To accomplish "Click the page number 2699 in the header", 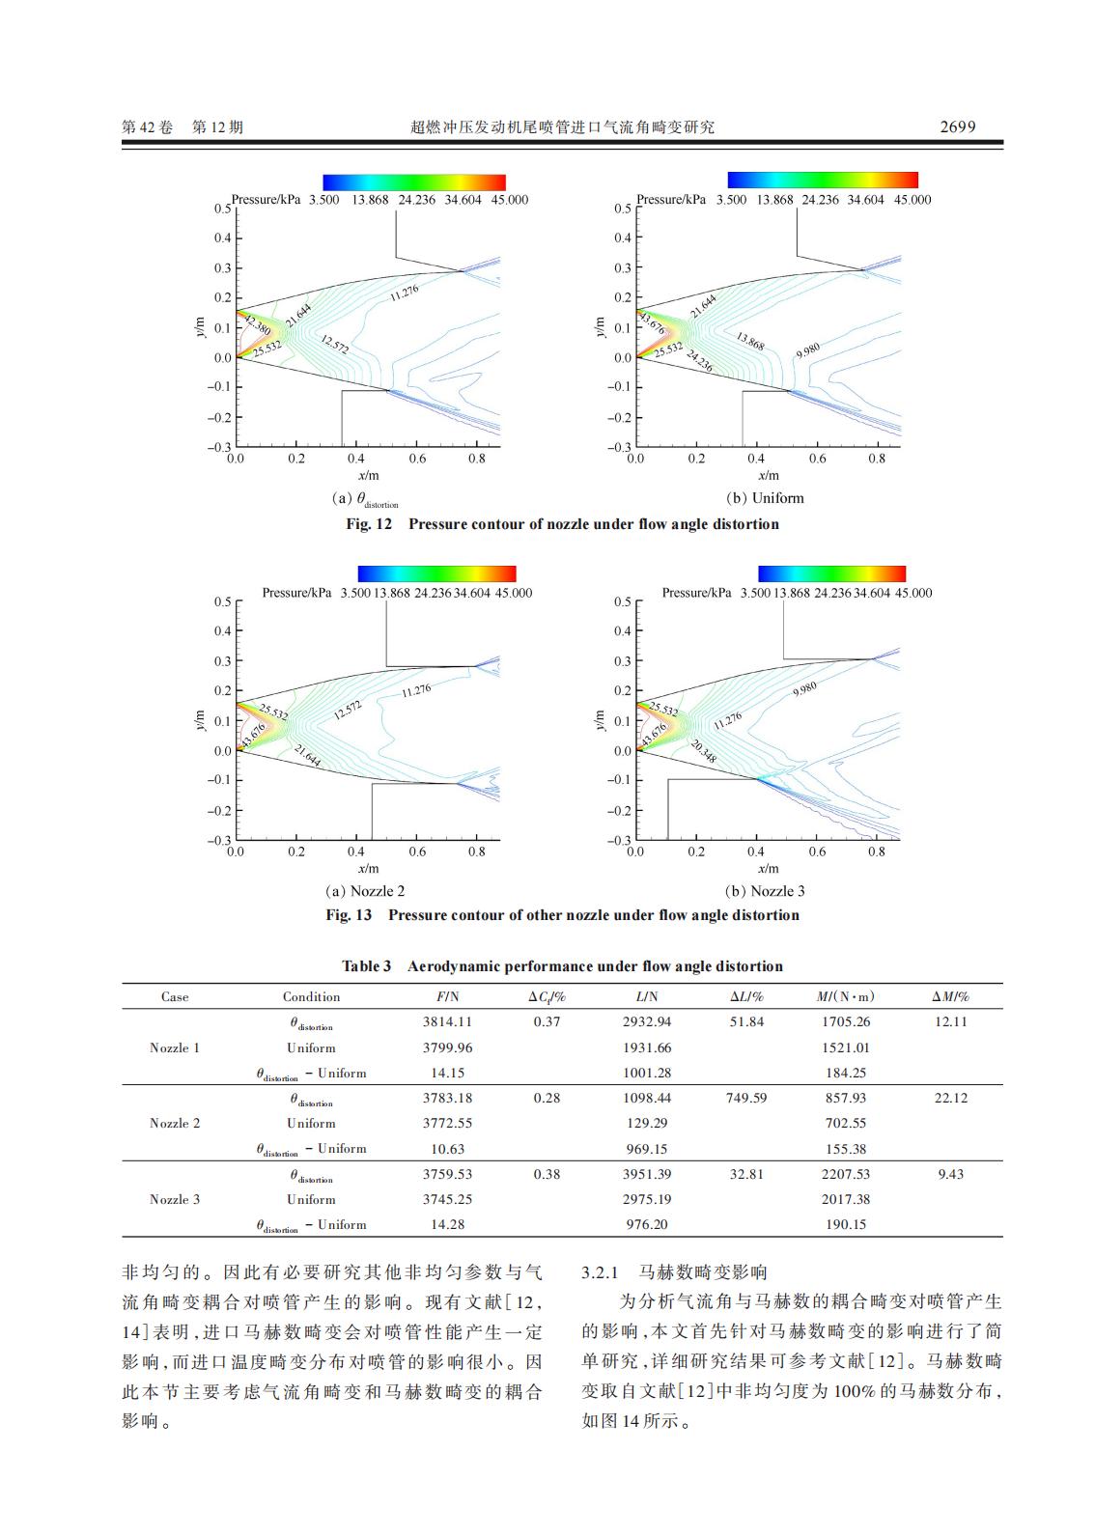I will (957, 126).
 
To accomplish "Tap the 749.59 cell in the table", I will (745, 1098).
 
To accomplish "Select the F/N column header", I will (447, 996).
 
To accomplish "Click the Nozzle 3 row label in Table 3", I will (175, 1199).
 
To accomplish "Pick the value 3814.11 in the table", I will (447, 1021).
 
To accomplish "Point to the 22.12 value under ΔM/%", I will (950, 1098).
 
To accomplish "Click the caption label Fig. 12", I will (370, 524).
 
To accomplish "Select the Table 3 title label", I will (366, 966).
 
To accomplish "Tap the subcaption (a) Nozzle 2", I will (365, 891).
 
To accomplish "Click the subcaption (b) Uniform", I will (765, 498).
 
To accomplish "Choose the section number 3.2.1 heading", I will (605, 1272).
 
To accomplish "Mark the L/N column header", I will (646, 996).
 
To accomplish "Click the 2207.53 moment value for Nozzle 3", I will (845, 1174).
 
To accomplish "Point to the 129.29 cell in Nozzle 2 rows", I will (646, 1123).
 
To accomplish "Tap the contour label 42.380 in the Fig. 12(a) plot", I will (257, 324).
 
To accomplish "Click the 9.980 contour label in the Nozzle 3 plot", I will (804, 688).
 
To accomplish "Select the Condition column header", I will (311, 996).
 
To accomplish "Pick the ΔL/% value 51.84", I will (745, 1021).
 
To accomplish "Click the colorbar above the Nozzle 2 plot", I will (436, 573).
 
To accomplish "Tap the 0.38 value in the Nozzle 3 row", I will (547, 1174).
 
